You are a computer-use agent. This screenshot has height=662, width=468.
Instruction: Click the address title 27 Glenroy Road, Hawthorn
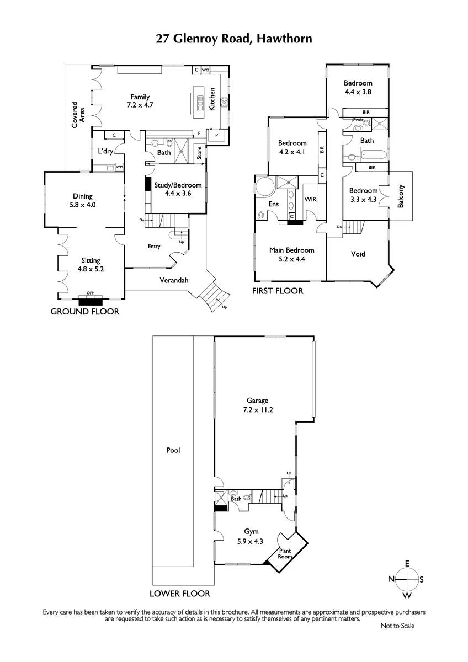[x=234, y=39]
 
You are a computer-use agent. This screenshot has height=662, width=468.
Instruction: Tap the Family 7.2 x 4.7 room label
[x=140, y=101]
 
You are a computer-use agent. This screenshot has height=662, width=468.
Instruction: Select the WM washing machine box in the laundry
[x=119, y=167]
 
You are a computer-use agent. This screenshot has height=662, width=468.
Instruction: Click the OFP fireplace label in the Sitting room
[x=90, y=293]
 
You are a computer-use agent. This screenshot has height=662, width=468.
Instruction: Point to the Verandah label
[x=174, y=280]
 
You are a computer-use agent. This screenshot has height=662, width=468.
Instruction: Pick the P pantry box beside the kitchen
[x=217, y=136]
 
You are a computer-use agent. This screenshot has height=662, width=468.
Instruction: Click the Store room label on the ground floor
[x=199, y=153]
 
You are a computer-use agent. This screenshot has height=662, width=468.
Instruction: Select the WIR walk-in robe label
[x=310, y=199]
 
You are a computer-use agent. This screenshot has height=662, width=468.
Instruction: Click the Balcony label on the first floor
[x=400, y=196]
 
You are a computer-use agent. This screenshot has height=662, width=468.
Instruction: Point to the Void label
[x=358, y=254]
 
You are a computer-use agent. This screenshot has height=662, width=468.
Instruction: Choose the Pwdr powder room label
[x=358, y=120]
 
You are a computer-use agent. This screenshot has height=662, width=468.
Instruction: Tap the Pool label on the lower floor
[x=173, y=450]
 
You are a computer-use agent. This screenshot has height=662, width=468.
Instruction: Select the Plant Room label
[x=285, y=553]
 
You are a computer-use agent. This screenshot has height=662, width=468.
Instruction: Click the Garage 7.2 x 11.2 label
[x=258, y=405]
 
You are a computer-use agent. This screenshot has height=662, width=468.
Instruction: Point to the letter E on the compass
[x=407, y=564]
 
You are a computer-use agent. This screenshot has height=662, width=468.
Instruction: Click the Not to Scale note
[x=398, y=626]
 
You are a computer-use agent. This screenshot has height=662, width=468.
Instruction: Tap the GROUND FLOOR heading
[x=85, y=312]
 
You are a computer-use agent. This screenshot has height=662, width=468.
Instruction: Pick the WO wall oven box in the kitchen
[x=205, y=70]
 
